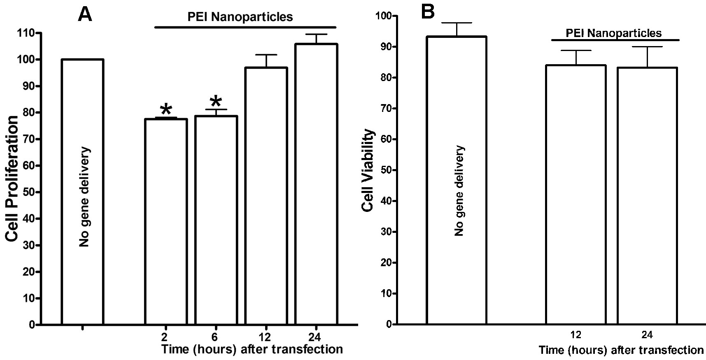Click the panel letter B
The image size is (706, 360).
428,12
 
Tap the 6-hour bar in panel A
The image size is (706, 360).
216,220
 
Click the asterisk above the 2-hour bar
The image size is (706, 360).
166,110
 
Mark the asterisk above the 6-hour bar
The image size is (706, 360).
216,102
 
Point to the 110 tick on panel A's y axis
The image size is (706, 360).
26,33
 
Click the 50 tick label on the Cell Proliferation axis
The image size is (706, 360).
28,192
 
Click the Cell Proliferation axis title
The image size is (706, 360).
12,179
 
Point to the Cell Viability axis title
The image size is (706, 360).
368,170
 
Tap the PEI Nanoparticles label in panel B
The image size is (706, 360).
613,33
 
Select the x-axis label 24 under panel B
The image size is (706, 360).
647,335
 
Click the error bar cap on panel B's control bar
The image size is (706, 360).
457,23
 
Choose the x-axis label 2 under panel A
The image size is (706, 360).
165,337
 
